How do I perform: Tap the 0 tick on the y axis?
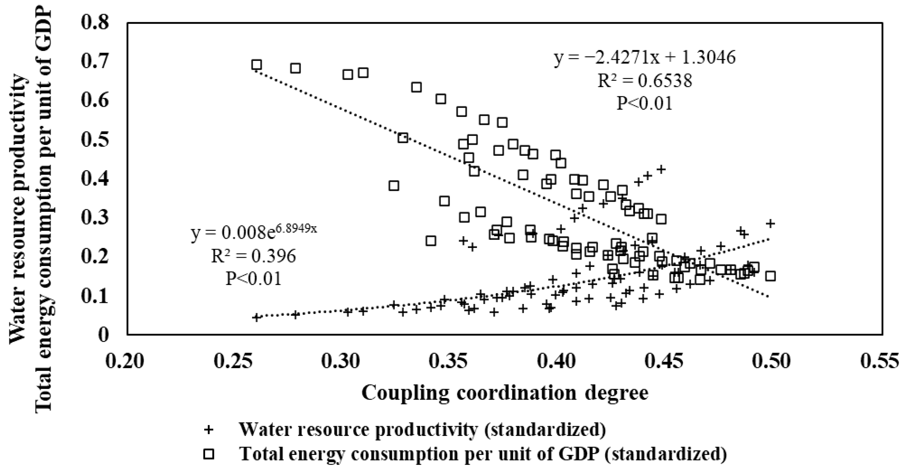point(103,335)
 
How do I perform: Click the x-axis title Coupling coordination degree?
point(505,393)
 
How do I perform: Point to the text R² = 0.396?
point(253,256)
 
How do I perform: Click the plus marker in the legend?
point(209,430)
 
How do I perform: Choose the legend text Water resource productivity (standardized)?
point(422,430)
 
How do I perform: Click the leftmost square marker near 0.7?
point(257,65)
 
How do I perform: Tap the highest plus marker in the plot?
point(661,169)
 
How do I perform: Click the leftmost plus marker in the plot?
point(257,317)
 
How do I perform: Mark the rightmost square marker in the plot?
point(770,276)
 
